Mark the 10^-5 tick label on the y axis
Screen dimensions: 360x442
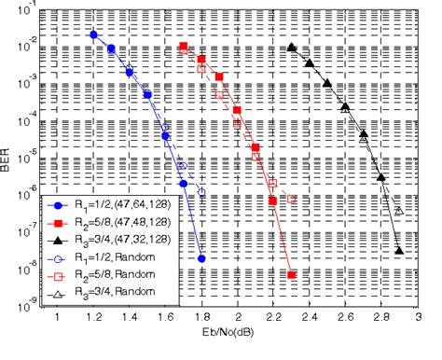tap(29, 155)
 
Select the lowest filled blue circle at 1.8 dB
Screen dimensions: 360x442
tap(201, 258)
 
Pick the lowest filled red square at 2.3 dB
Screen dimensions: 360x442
tap(292, 275)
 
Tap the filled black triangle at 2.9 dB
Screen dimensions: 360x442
tap(399, 250)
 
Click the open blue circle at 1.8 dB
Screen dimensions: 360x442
tap(201, 193)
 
